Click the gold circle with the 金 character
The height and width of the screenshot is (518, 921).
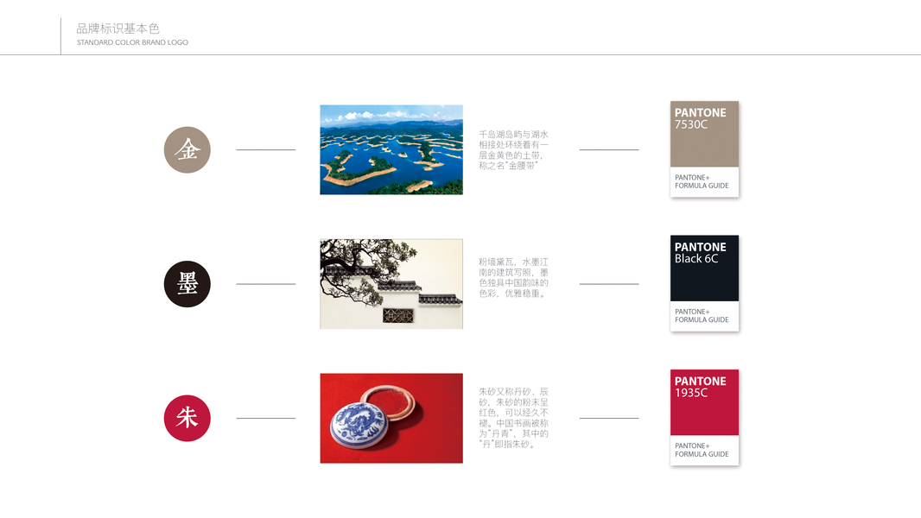point(187,149)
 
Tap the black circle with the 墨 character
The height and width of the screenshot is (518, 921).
point(187,284)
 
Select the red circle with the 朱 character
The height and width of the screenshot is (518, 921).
point(187,418)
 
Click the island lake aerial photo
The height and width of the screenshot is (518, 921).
point(391,149)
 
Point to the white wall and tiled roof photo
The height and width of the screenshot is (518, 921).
point(391,284)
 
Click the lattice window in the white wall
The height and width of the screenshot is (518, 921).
point(398,316)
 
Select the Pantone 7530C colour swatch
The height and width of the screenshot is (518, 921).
point(704,149)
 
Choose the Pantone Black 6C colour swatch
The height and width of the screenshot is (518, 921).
point(704,283)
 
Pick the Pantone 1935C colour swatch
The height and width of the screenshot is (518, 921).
point(704,418)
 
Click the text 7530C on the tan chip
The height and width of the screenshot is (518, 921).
point(691,124)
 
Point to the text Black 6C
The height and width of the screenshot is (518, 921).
point(696,259)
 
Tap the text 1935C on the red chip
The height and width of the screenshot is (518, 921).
point(691,393)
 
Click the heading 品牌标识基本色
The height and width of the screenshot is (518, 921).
point(118,28)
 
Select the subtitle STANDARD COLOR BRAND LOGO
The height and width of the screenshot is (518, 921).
point(132,42)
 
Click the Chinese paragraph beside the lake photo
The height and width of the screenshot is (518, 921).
point(513,150)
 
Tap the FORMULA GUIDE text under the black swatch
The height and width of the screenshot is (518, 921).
point(702,319)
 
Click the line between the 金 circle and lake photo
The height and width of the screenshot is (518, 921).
point(265,149)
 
